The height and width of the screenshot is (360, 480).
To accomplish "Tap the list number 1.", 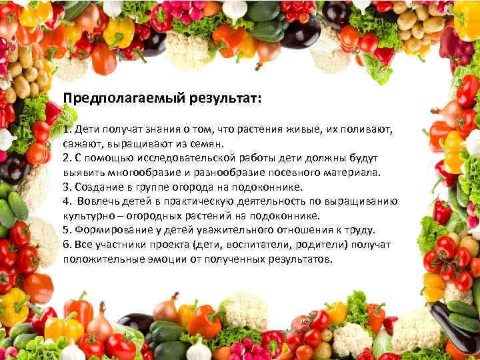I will coord(67,129).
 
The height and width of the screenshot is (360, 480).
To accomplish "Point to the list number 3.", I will coord(67,187).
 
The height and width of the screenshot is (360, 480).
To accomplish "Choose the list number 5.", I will coord(67,231).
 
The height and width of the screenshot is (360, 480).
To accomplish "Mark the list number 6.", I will coord(67,245).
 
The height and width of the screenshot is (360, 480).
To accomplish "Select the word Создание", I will coord(99,187).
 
